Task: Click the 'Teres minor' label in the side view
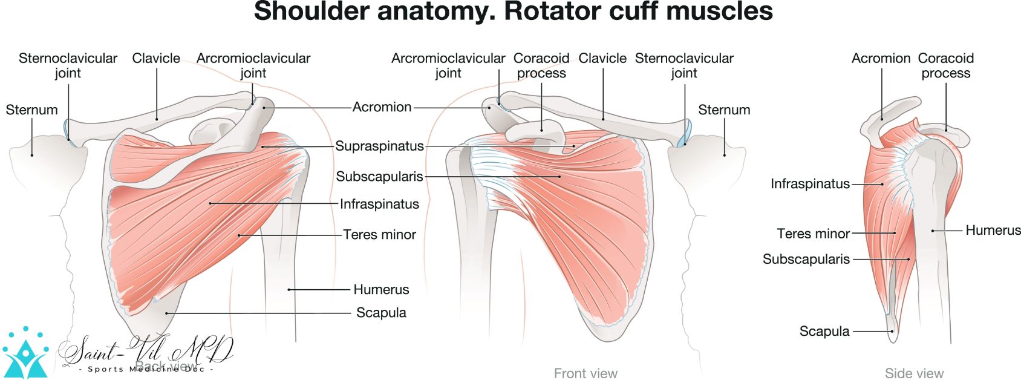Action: tap(813, 234)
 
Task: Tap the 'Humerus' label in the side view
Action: tap(993, 231)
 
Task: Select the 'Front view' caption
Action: tap(586, 373)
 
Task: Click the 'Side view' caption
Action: tap(914, 373)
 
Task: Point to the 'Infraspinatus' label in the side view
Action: tap(810, 184)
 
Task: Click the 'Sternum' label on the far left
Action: tap(31, 110)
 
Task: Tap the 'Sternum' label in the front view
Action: tap(723, 110)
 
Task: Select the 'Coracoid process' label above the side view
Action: tap(945, 65)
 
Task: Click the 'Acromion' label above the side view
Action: tap(881, 58)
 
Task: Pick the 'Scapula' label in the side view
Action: tap(824, 332)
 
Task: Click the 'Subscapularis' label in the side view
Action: tap(806, 260)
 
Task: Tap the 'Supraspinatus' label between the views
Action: tap(379, 146)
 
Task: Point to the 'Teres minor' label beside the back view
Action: tap(379, 235)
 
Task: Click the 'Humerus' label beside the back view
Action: tap(381, 290)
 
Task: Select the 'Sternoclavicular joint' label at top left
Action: tap(68, 65)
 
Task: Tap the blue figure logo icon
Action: tap(25, 354)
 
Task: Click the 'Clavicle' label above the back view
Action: tap(156, 58)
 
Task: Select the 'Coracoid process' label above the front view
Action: tap(541, 65)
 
